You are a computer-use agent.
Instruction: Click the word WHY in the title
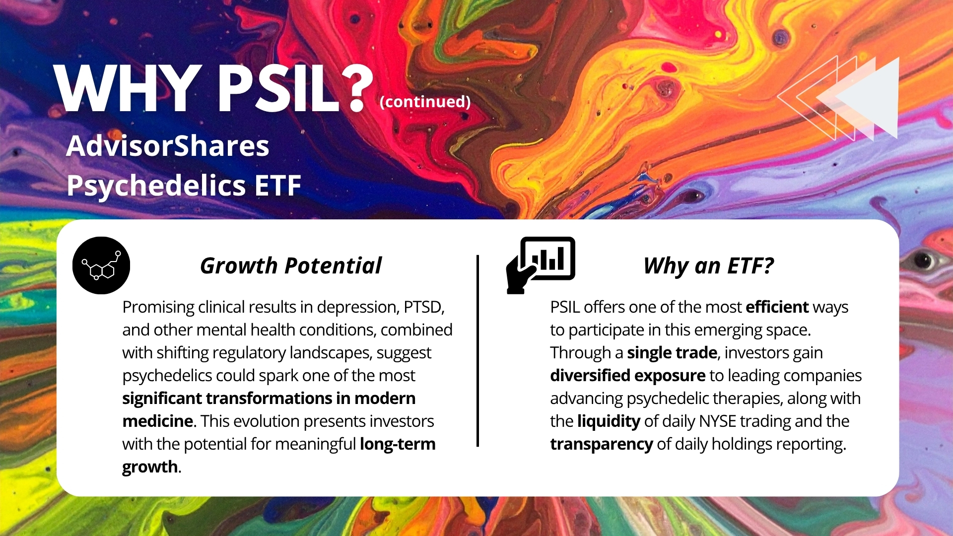[127, 89]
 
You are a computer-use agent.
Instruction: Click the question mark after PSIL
[357, 87]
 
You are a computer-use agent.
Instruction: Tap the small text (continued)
[425, 102]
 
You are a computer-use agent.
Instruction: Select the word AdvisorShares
[168, 146]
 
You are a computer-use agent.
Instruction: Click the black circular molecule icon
[101, 265]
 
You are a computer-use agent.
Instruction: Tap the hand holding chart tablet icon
[541, 265]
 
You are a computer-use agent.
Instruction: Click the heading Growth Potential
[291, 266]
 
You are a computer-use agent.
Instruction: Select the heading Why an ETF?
[709, 266]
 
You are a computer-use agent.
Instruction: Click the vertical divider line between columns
[477, 351]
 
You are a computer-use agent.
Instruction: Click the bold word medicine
[158, 421]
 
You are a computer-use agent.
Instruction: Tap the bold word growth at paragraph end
[150, 467]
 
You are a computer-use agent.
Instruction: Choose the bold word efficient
[777, 307]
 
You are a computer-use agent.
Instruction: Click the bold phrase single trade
[672, 353]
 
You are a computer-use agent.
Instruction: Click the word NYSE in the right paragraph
[717, 421]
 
